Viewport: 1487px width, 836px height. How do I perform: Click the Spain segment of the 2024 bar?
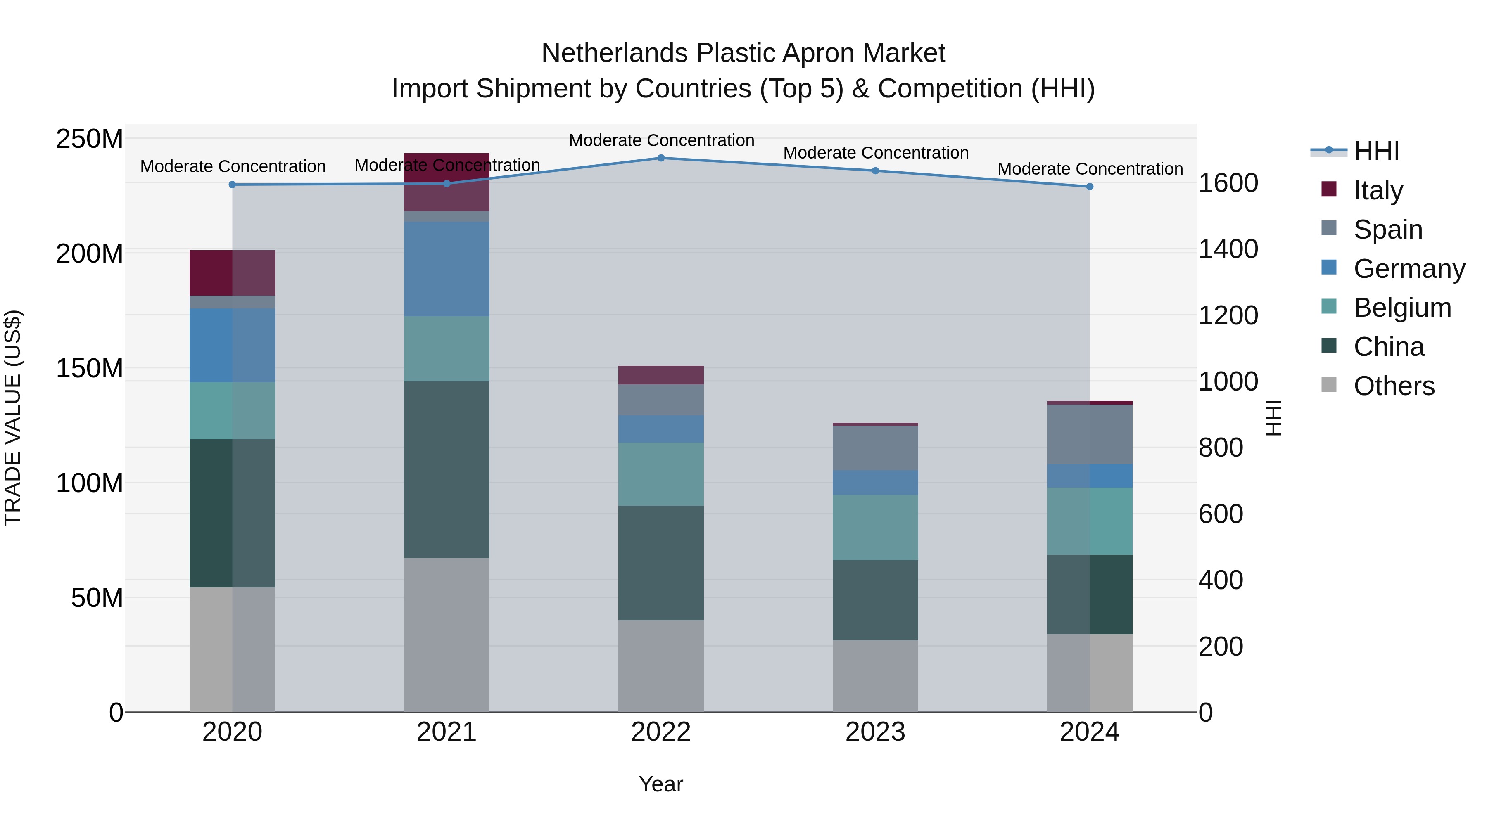tap(1090, 434)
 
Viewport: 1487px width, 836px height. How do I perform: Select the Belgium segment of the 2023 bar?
tap(875, 527)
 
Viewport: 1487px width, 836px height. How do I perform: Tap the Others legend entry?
tap(1394, 386)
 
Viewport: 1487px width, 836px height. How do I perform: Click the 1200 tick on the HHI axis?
tap(1228, 315)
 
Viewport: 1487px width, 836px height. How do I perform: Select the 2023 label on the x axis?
tap(875, 732)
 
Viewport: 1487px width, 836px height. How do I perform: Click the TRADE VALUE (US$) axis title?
tap(13, 418)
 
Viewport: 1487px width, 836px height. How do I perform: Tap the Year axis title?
tap(661, 784)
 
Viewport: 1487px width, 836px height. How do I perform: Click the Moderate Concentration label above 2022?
tap(662, 140)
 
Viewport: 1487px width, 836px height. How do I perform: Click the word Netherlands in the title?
tap(615, 53)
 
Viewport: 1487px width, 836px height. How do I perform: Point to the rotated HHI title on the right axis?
tap(1273, 418)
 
